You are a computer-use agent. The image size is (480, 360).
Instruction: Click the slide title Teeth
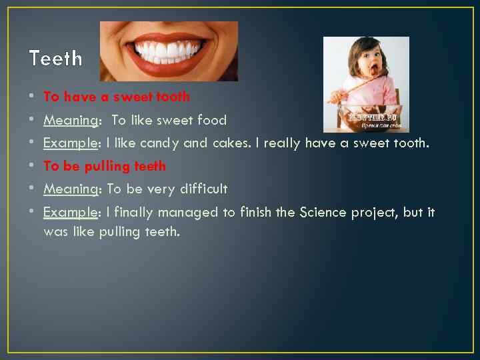coord(56,59)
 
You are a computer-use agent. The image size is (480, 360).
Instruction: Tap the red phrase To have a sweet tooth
coord(117,97)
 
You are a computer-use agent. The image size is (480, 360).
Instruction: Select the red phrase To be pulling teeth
coord(105,166)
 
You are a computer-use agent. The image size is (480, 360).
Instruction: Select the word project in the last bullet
coord(373,213)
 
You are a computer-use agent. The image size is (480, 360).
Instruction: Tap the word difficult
coord(202,189)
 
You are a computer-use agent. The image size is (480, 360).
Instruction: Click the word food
coord(212,120)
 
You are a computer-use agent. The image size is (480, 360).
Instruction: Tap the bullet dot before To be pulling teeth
coord(33,166)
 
